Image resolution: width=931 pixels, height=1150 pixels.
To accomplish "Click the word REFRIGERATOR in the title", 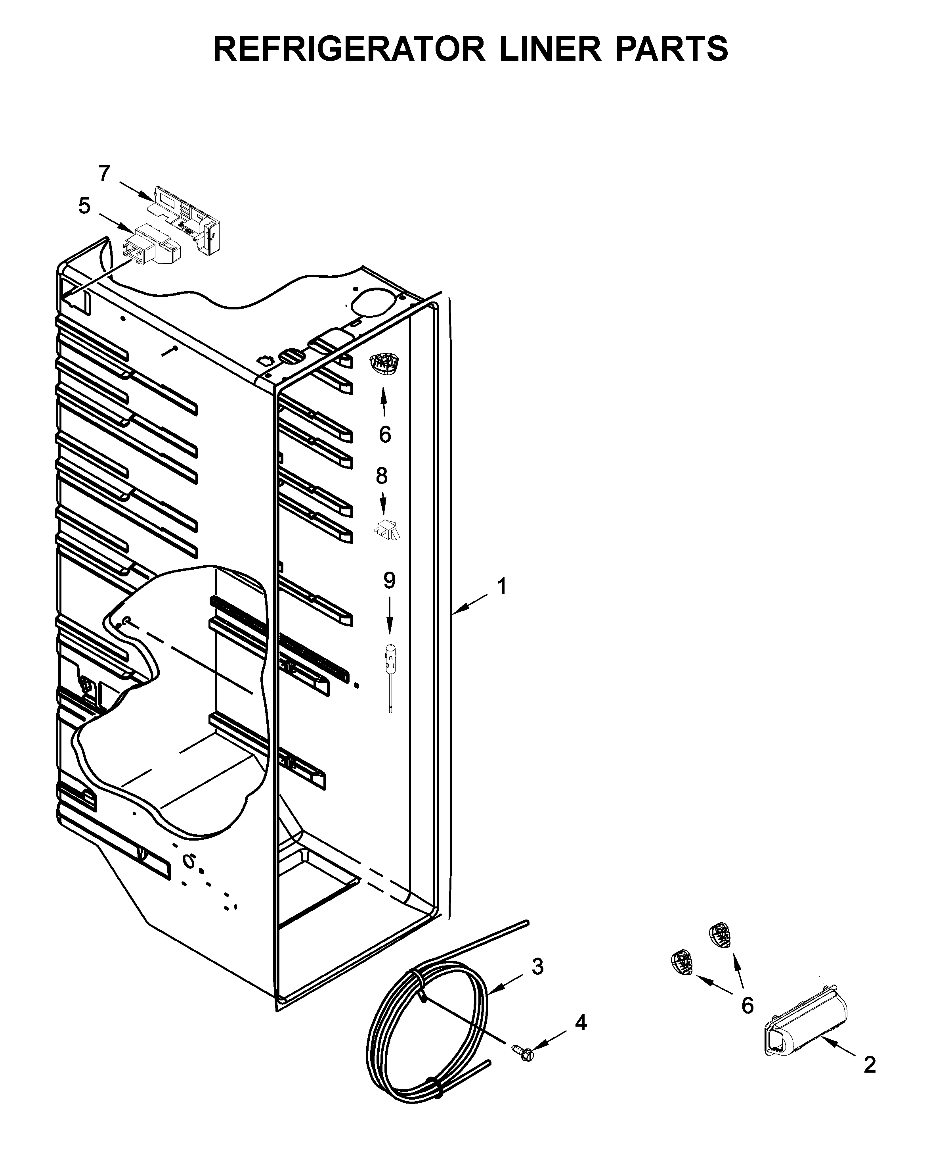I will coord(349,49).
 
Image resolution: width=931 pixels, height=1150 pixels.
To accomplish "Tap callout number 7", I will coord(104,173).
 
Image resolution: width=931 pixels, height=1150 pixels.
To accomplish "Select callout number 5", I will coord(84,205).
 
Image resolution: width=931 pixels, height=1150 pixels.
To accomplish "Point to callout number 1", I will coord(501,587).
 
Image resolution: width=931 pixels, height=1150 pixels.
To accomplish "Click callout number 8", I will coord(381,476).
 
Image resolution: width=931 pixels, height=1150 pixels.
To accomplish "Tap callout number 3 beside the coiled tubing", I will coord(537,966).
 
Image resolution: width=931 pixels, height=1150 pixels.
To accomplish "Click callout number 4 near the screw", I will coord(581,1023).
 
